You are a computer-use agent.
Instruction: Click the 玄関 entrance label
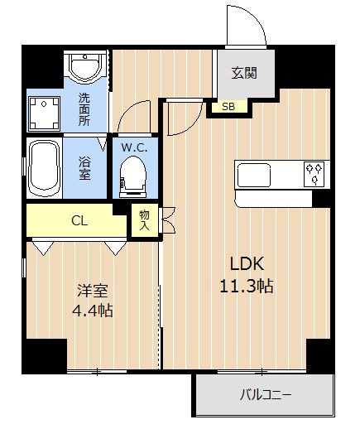[244, 74]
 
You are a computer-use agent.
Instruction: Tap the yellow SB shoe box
[229, 106]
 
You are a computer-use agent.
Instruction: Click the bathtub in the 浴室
[45, 168]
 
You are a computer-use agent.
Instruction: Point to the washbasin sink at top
[85, 66]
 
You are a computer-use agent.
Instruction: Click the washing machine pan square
[44, 113]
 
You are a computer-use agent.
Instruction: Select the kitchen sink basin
[254, 175]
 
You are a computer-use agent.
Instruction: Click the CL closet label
[79, 221]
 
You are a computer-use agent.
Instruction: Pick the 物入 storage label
[144, 220]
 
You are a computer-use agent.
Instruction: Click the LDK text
[247, 263]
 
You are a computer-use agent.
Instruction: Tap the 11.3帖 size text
[247, 286]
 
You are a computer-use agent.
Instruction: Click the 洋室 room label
[93, 291]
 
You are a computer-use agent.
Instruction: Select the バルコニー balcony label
[266, 395]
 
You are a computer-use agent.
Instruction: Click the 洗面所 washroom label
[84, 110]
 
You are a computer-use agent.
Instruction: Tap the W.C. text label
[134, 147]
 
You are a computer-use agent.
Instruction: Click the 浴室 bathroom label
[84, 168]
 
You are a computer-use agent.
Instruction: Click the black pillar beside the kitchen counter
[321, 199]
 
